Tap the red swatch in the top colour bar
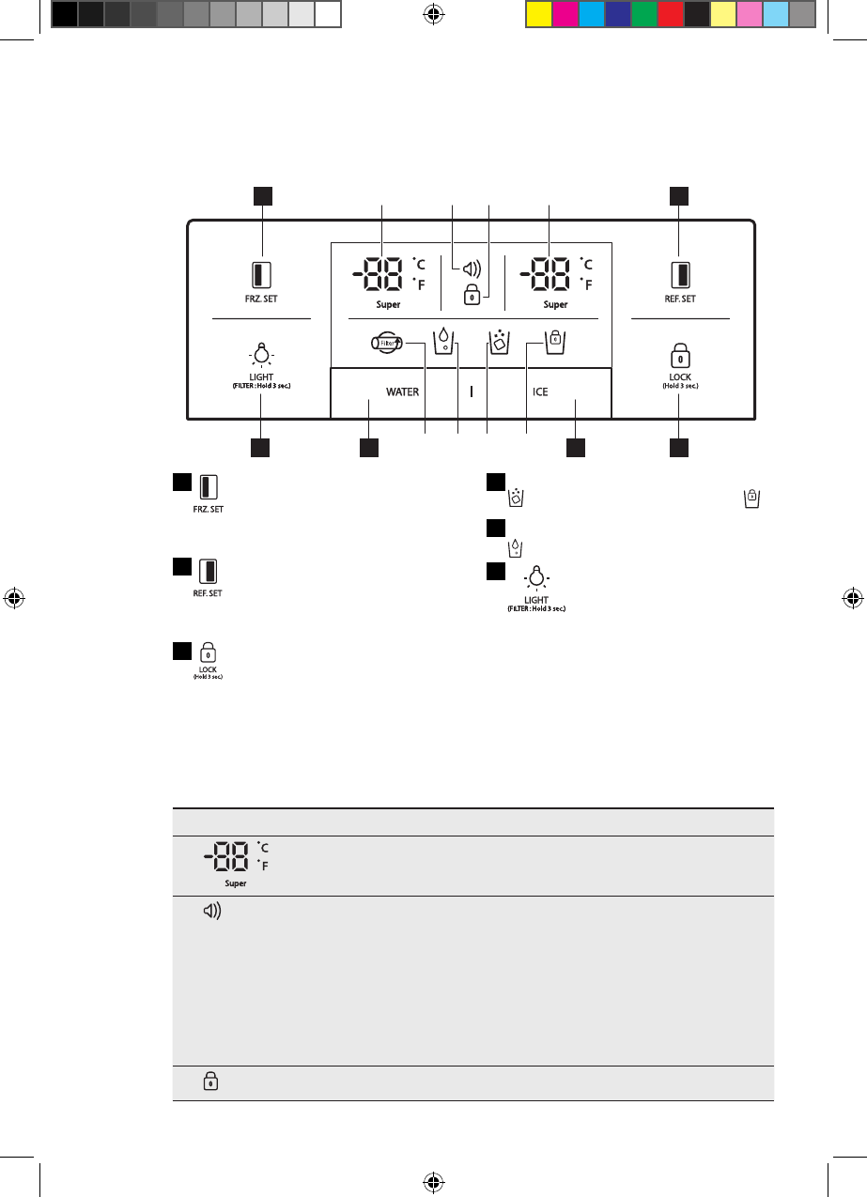[671, 13]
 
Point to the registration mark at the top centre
[433, 14]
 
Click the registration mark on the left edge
[14, 597]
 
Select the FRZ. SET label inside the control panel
[262, 299]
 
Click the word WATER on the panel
[403, 391]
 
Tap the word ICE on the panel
[541, 391]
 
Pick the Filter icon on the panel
[386, 344]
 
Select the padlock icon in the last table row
[209, 1082]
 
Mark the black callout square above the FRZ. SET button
[262, 195]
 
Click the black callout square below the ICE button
[577, 449]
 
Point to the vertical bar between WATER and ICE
[472, 391]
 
